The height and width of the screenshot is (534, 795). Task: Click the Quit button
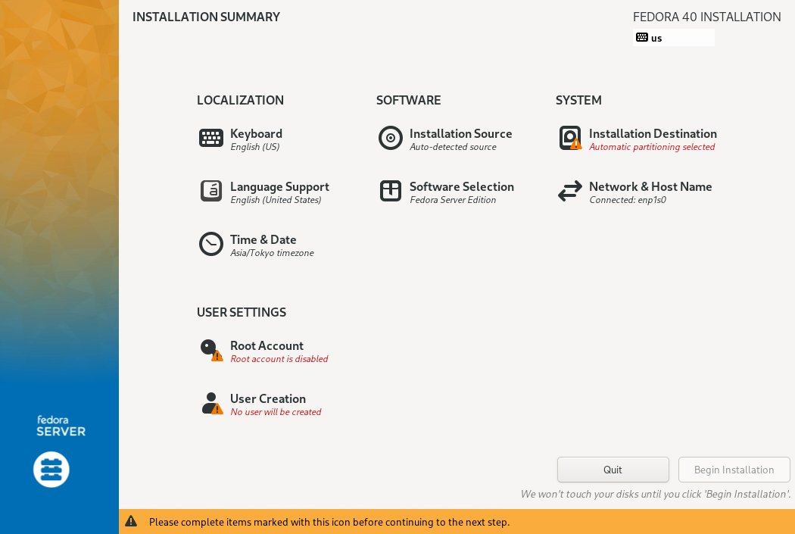(613, 470)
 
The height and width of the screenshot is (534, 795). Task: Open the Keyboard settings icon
(211, 138)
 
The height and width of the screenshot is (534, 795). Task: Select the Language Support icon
(211, 191)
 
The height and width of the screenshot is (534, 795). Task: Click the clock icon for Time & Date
(211, 244)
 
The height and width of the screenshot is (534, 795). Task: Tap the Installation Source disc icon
(391, 138)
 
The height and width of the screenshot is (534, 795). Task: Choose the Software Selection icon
(391, 191)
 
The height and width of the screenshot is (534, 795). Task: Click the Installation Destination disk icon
(570, 138)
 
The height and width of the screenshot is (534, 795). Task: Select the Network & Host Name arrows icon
(570, 191)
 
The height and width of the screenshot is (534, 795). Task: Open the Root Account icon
(211, 350)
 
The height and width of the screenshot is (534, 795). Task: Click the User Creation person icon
(212, 403)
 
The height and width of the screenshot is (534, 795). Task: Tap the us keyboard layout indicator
(673, 38)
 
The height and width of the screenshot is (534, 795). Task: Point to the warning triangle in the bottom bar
(131, 521)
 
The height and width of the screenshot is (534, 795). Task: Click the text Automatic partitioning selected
(651, 147)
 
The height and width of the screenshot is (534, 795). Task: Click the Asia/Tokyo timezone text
(272, 253)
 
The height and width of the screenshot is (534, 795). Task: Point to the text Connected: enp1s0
(627, 200)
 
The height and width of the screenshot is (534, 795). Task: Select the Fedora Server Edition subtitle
(453, 200)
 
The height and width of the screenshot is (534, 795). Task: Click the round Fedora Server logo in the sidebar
(51, 470)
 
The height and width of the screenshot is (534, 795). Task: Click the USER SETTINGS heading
(242, 312)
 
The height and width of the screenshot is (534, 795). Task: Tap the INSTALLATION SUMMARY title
(206, 17)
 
